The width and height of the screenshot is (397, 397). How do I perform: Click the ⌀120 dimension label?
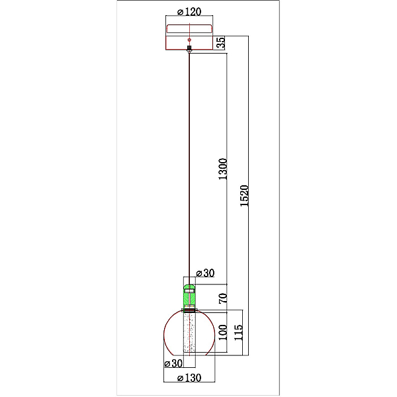tap(189, 12)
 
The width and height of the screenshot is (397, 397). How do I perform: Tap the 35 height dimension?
tap(221, 42)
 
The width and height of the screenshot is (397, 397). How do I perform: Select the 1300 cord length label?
tap(223, 169)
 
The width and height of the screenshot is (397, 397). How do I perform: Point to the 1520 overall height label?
tap(244, 196)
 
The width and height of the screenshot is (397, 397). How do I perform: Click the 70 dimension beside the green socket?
tap(223, 298)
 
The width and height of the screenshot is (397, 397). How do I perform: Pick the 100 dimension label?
tap(223, 332)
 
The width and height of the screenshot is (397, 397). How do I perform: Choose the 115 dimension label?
tap(238, 332)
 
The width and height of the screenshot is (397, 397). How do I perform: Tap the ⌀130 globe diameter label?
tap(189, 378)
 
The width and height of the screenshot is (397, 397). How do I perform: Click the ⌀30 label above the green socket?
tap(205, 273)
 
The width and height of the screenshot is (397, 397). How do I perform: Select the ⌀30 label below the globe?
tap(173, 363)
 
